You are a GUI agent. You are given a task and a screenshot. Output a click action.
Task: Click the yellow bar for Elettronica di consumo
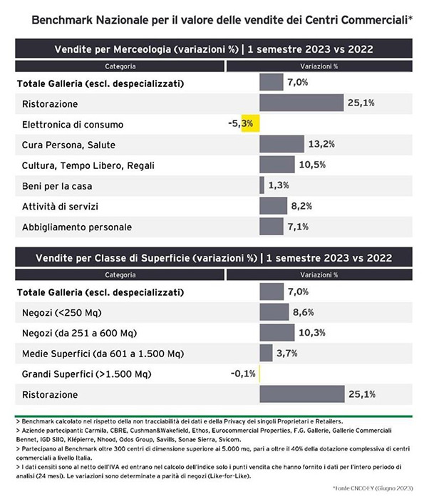[x=250, y=123]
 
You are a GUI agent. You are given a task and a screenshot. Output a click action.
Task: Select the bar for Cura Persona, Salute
[x=281, y=144]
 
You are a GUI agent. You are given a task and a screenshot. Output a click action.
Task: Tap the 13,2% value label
[x=321, y=144]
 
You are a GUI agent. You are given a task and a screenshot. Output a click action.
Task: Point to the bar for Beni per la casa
[x=262, y=185]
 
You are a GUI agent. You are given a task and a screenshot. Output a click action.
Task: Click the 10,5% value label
[x=312, y=165]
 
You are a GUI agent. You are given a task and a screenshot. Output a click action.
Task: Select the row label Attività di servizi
[x=60, y=207]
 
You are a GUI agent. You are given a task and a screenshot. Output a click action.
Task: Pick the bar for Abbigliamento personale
[x=272, y=226]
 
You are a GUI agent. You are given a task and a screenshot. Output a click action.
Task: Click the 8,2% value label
[x=301, y=206]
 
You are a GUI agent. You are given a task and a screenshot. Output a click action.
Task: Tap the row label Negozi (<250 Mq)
[x=62, y=313]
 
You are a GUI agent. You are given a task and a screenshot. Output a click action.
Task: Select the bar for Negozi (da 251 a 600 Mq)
[x=277, y=333]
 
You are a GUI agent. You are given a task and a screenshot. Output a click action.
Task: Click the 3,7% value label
[x=286, y=354]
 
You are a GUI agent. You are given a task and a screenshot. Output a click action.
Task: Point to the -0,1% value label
[x=243, y=374]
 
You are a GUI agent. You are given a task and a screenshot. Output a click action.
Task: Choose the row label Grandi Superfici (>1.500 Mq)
[x=86, y=374]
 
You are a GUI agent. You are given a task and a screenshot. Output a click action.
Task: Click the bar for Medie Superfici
[x=266, y=353]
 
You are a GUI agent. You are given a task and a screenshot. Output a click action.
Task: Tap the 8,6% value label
[x=304, y=312]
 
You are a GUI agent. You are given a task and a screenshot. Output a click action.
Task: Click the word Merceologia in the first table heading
[x=142, y=49]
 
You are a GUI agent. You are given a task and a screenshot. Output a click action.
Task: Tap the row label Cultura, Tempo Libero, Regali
[x=88, y=165]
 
